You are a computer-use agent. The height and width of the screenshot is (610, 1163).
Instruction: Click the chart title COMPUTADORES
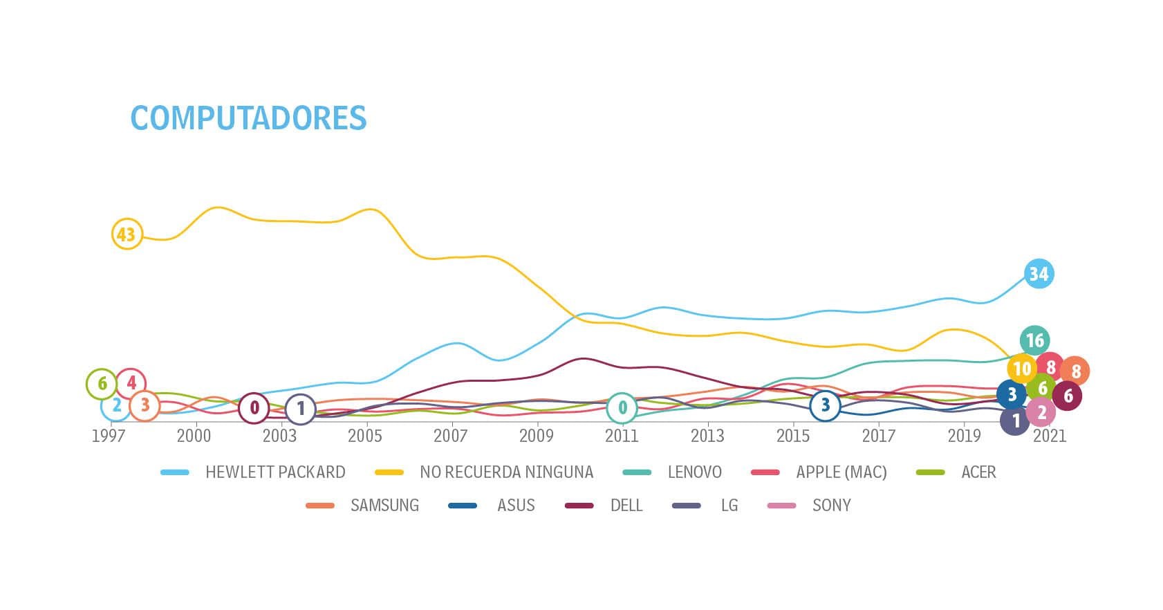248,118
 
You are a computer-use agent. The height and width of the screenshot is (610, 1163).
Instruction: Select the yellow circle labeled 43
127,234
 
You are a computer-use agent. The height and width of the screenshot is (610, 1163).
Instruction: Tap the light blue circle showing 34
1039,274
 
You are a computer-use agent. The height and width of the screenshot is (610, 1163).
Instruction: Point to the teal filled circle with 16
1034,340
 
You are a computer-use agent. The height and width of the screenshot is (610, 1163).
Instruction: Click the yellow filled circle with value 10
1022,369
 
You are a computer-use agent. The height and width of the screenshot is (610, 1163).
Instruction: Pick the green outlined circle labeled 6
102,384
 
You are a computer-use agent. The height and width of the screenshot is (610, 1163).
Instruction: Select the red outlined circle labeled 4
131,383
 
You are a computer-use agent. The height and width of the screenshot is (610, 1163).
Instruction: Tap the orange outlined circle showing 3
145,405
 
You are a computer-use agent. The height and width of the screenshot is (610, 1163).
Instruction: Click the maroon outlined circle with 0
254,408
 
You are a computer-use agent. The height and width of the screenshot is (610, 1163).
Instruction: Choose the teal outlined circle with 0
622,408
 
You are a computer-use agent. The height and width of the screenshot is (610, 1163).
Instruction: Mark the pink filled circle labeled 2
1041,413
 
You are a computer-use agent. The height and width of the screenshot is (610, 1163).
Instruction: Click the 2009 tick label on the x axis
536,436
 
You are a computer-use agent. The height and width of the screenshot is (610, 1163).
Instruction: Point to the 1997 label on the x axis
109,436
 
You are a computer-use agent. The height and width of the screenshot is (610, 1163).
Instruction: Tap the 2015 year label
792,436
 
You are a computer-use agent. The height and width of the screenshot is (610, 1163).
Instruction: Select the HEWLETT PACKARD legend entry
275,472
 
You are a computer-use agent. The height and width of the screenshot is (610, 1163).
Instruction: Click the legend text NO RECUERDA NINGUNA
506,472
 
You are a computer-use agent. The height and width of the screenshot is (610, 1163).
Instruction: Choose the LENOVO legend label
694,472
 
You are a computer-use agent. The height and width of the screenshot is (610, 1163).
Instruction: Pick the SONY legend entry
831,506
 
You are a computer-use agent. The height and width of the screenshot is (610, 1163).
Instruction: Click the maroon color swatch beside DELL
579,506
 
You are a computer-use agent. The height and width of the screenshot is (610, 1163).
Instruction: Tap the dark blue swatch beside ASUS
463,506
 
